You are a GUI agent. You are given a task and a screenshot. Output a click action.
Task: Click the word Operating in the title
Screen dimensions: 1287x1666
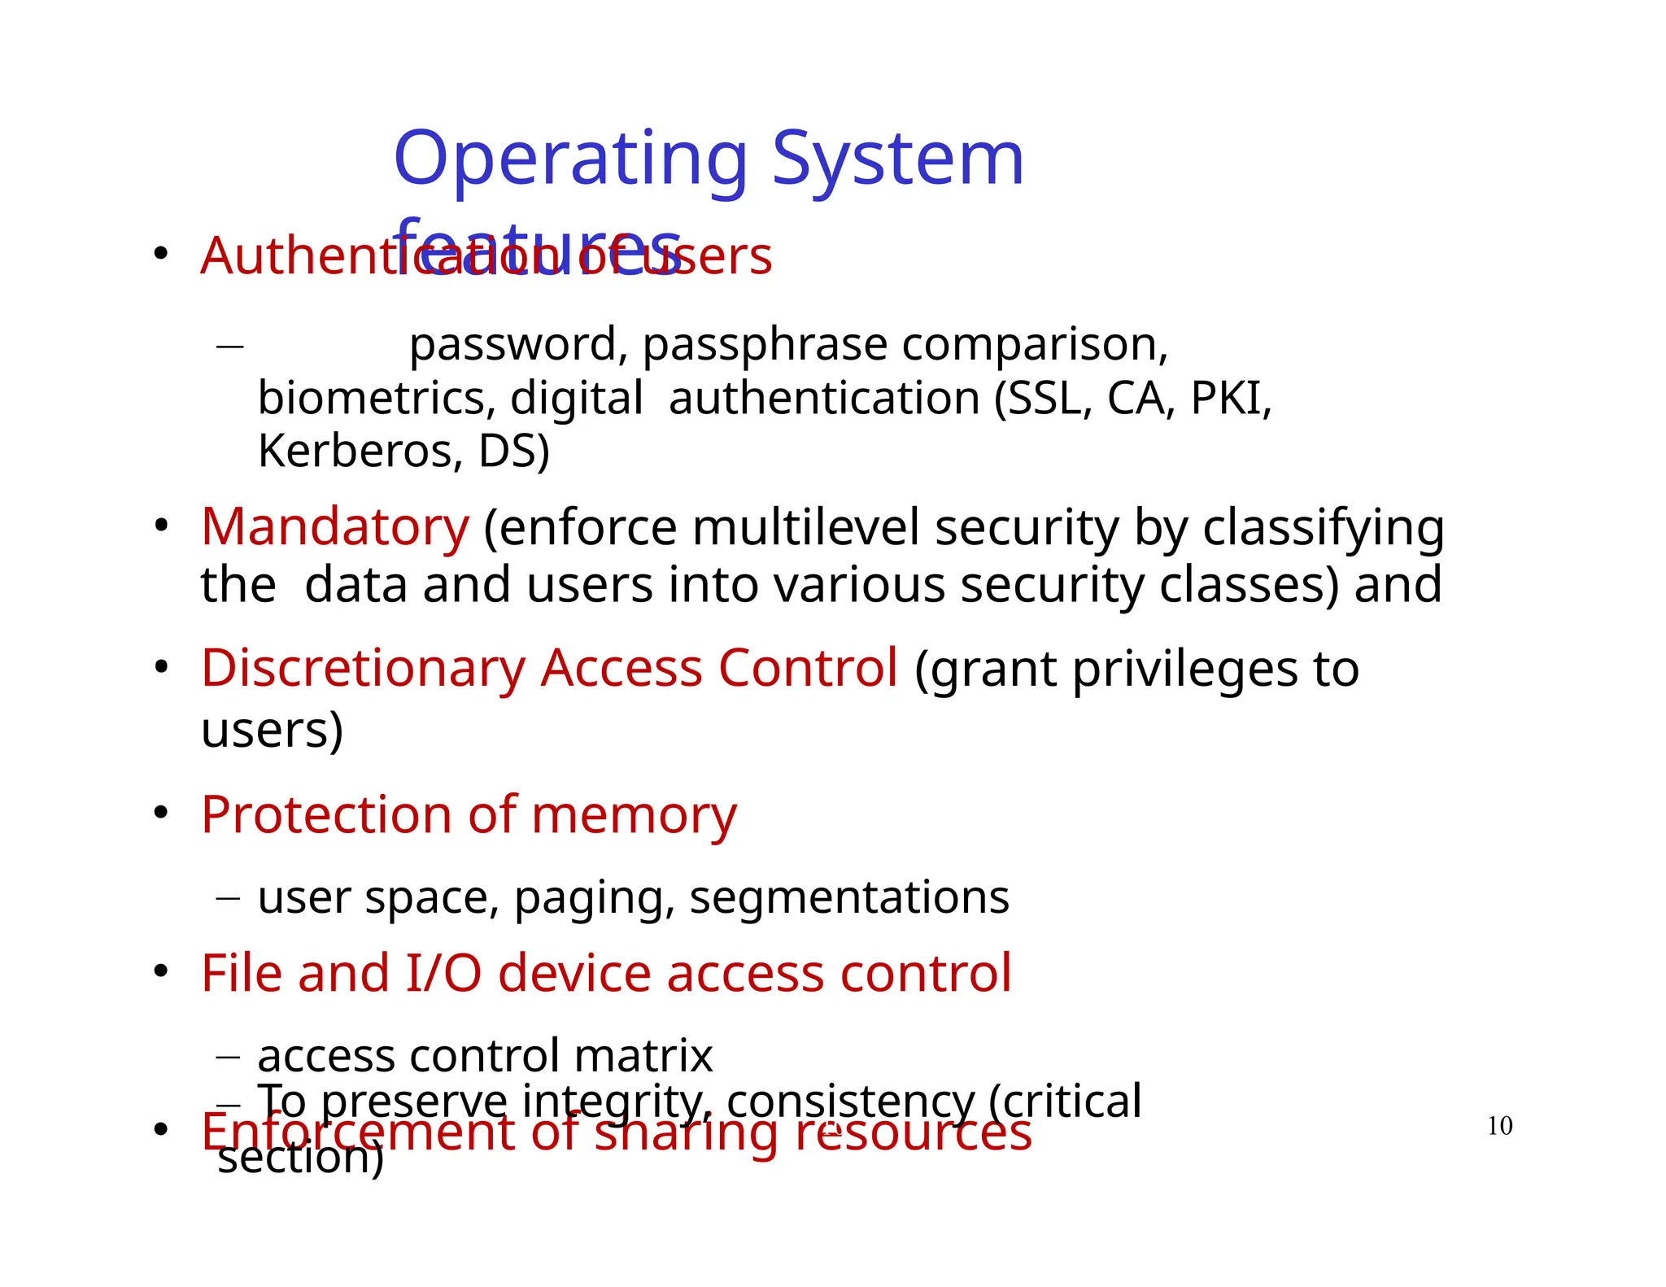(x=570, y=160)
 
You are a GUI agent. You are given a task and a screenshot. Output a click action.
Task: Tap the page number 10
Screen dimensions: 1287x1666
(x=1499, y=1126)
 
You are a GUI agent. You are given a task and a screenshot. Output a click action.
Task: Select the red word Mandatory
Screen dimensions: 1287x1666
(x=335, y=527)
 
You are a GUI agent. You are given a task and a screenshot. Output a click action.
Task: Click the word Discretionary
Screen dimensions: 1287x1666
(x=363, y=669)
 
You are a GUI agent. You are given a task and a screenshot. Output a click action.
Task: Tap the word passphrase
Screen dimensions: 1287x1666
(x=764, y=344)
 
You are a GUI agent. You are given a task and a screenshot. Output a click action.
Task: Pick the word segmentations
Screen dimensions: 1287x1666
(x=849, y=898)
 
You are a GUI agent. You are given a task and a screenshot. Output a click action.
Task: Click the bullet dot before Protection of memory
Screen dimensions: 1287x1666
(x=161, y=812)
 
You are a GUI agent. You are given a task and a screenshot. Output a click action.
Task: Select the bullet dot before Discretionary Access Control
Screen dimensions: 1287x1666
(x=161, y=667)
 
